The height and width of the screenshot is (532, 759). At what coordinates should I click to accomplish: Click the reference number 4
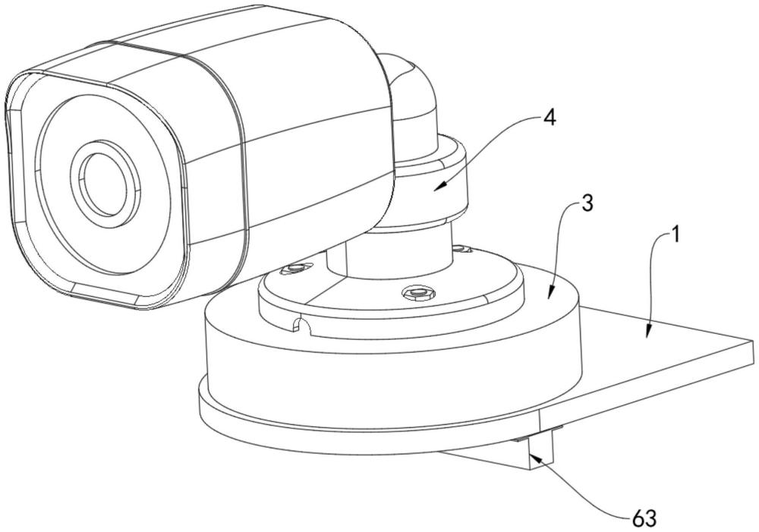click(550, 118)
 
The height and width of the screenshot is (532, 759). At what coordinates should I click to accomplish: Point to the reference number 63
click(644, 518)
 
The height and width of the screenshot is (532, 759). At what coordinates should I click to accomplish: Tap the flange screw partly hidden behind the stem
click(461, 249)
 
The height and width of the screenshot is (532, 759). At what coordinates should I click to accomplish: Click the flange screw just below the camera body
click(296, 268)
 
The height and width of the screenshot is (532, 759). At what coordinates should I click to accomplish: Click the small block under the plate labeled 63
click(540, 450)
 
